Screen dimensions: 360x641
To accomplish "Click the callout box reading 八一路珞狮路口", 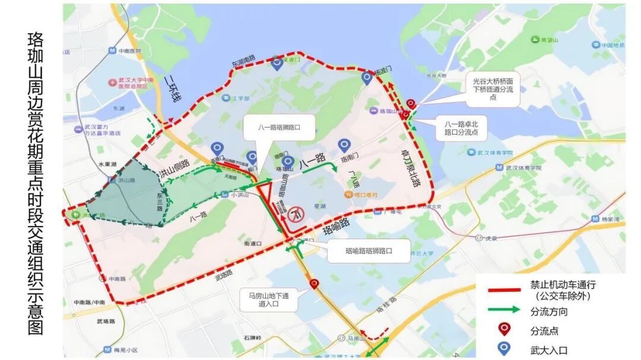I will click(x=278, y=128).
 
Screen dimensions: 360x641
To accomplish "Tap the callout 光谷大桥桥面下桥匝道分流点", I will click(x=493, y=89).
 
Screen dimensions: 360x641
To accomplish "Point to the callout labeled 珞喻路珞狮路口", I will click(x=369, y=251).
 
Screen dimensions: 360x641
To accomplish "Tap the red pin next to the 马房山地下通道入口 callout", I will click(x=315, y=285).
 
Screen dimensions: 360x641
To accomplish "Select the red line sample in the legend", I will click(x=504, y=290).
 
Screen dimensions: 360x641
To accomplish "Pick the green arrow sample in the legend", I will click(x=504, y=310).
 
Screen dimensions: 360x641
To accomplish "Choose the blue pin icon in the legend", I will click(x=504, y=349).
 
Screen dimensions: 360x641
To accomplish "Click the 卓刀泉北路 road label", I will click(x=411, y=168).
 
